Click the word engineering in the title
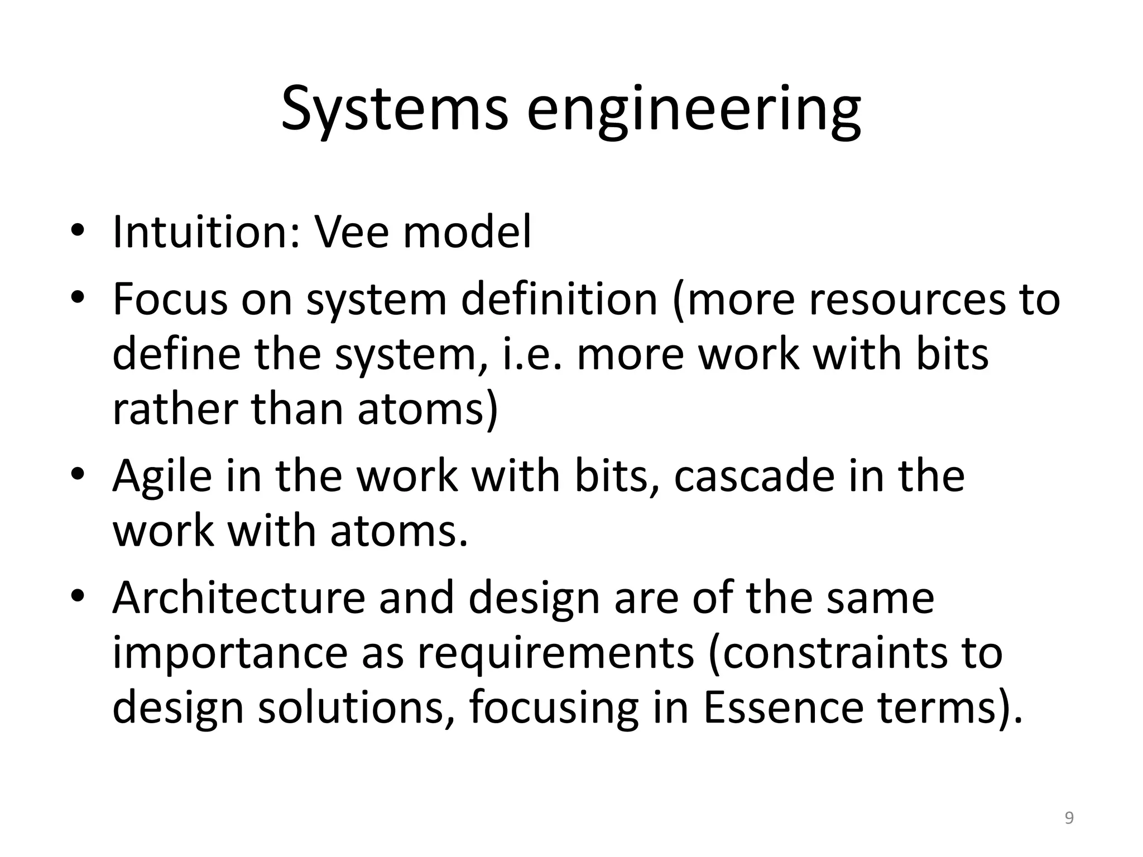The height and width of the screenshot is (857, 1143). (694, 112)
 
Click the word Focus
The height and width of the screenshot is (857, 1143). (169, 300)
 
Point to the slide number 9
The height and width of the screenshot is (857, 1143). (1069, 819)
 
